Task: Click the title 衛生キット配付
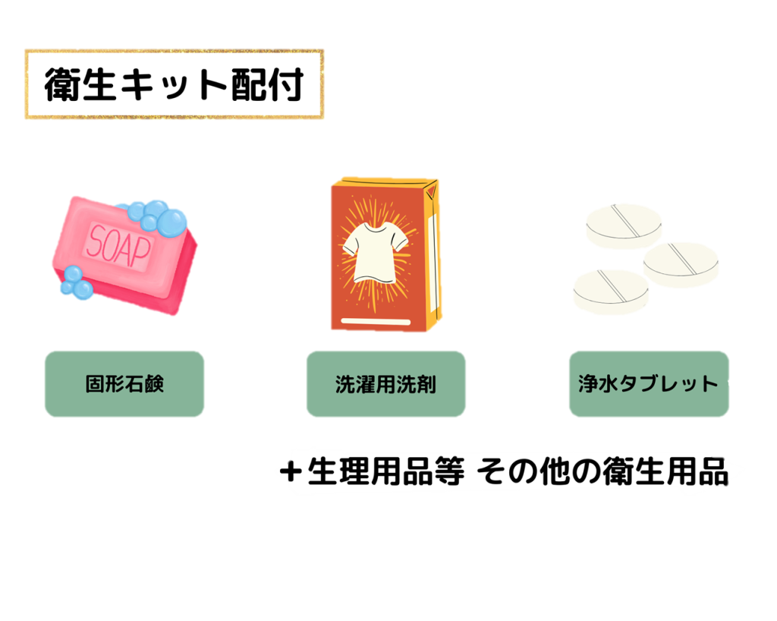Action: point(174,85)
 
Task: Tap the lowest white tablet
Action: point(611,291)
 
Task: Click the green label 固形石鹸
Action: point(124,384)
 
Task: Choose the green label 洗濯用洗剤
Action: point(385,384)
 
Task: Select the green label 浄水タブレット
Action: point(648,384)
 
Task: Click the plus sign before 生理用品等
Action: point(289,472)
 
